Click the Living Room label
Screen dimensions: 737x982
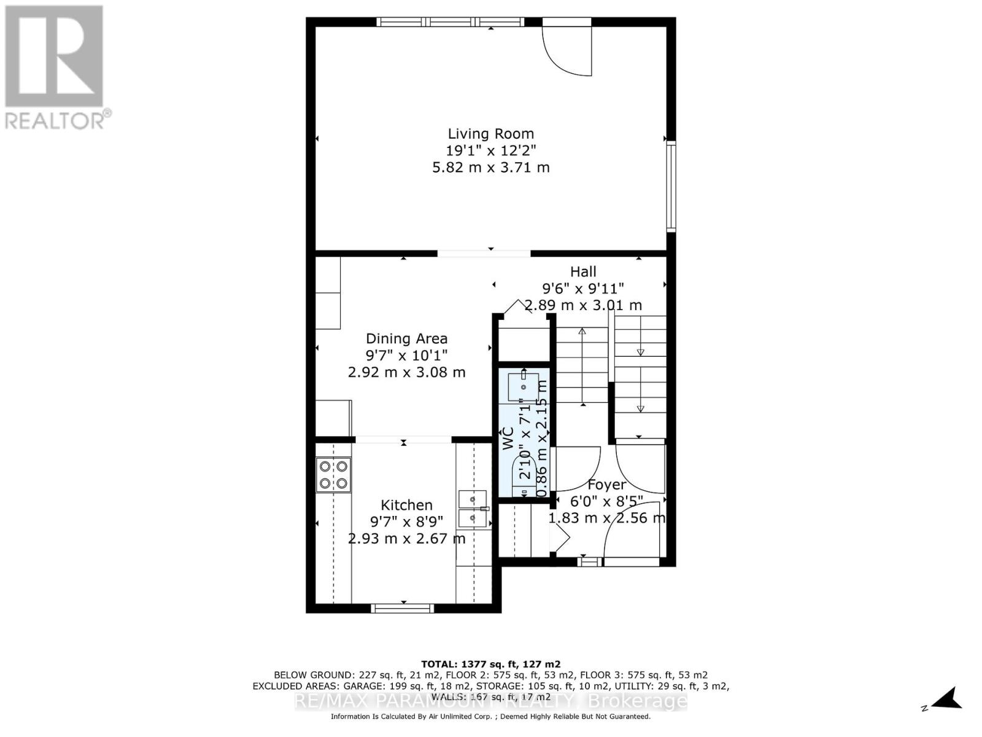(x=490, y=134)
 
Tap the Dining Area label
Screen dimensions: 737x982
(x=406, y=338)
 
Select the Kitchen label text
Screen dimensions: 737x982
(x=406, y=505)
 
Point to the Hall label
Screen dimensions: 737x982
(x=583, y=271)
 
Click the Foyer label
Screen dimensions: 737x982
(x=606, y=485)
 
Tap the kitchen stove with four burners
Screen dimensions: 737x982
(x=334, y=475)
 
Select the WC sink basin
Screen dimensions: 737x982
(x=523, y=387)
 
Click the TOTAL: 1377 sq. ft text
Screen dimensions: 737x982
(x=490, y=664)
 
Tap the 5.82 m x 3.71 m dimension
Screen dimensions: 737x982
(x=490, y=167)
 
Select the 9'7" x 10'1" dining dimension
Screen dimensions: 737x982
(x=406, y=355)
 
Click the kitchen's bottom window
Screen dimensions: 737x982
(x=403, y=608)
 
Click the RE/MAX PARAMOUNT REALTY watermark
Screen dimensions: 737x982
(x=490, y=701)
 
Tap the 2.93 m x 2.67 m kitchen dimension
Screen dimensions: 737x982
(x=406, y=539)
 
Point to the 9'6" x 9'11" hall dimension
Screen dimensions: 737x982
(x=583, y=288)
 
